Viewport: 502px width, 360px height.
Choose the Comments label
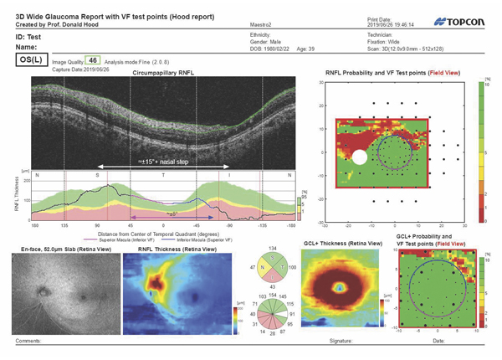tap(28, 342)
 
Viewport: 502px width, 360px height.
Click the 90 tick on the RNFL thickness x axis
tap(98, 226)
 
